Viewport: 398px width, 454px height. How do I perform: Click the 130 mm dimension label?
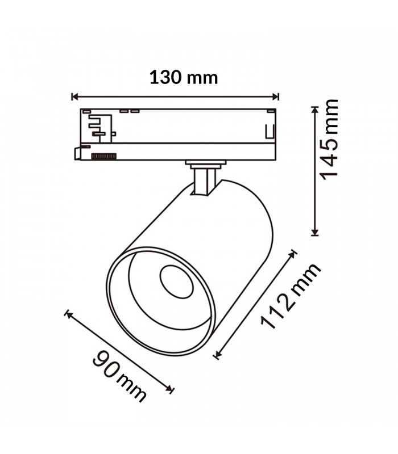coord(183,78)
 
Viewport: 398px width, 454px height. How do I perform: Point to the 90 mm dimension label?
coord(119,376)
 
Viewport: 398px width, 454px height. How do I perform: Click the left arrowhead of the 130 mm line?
coord(75,96)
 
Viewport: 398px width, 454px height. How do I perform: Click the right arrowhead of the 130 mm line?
coord(275,96)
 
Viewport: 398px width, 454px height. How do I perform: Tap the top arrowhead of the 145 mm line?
coord(315,110)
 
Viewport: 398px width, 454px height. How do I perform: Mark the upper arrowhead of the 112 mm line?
coord(292,254)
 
